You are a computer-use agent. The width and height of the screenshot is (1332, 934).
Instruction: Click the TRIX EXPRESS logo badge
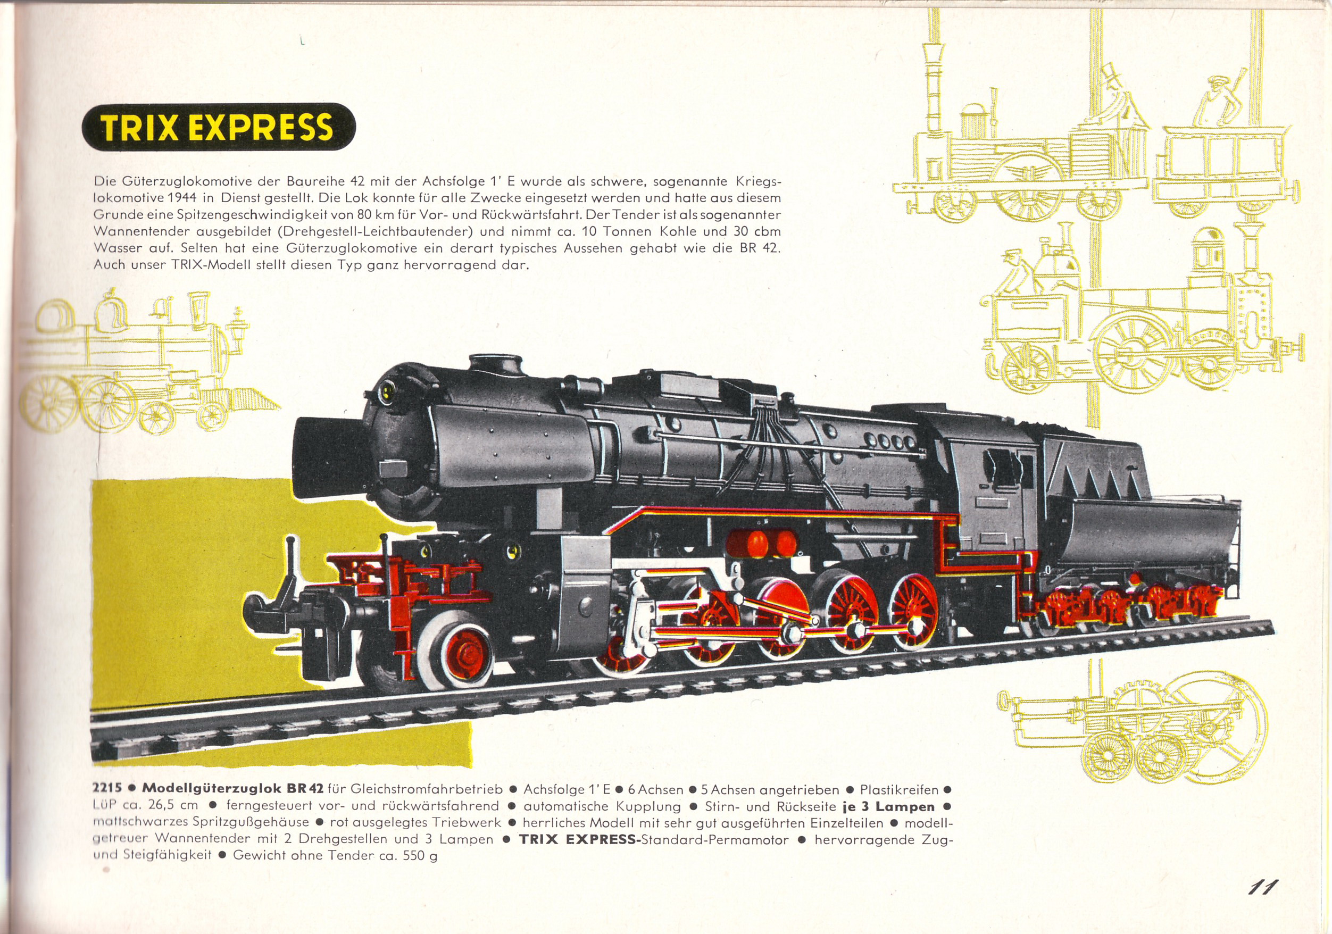coord(218,127)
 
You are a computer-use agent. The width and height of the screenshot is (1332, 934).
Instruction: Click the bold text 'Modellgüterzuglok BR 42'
coord(232,789)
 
